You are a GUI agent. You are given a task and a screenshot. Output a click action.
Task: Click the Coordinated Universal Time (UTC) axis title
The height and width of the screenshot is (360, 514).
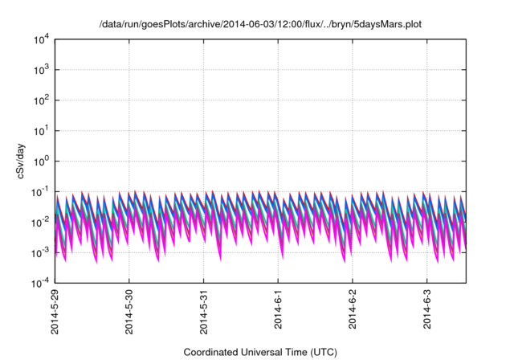pos(259,352)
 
